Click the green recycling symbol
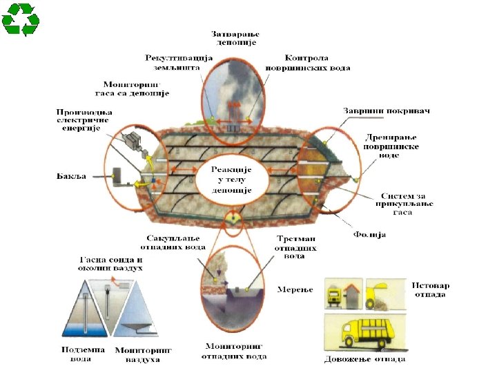pyautogui.click(x=21, y=19)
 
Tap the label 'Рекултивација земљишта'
pyautogui.click(x=173, y=62)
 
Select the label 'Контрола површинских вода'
pyautogui.click(x=308, y=63)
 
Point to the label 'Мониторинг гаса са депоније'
pyautogui.click(x=132, y=88)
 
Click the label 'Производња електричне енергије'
pyautogui.click(x=84, y=120)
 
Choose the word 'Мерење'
pyautogui.click(x=295, y=289)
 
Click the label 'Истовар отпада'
pyautogui.click(x=429, y=289)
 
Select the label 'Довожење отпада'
pyautogui.click(x=364, y=359)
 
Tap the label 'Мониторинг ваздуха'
pyautogui.click(x=143, y=355)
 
